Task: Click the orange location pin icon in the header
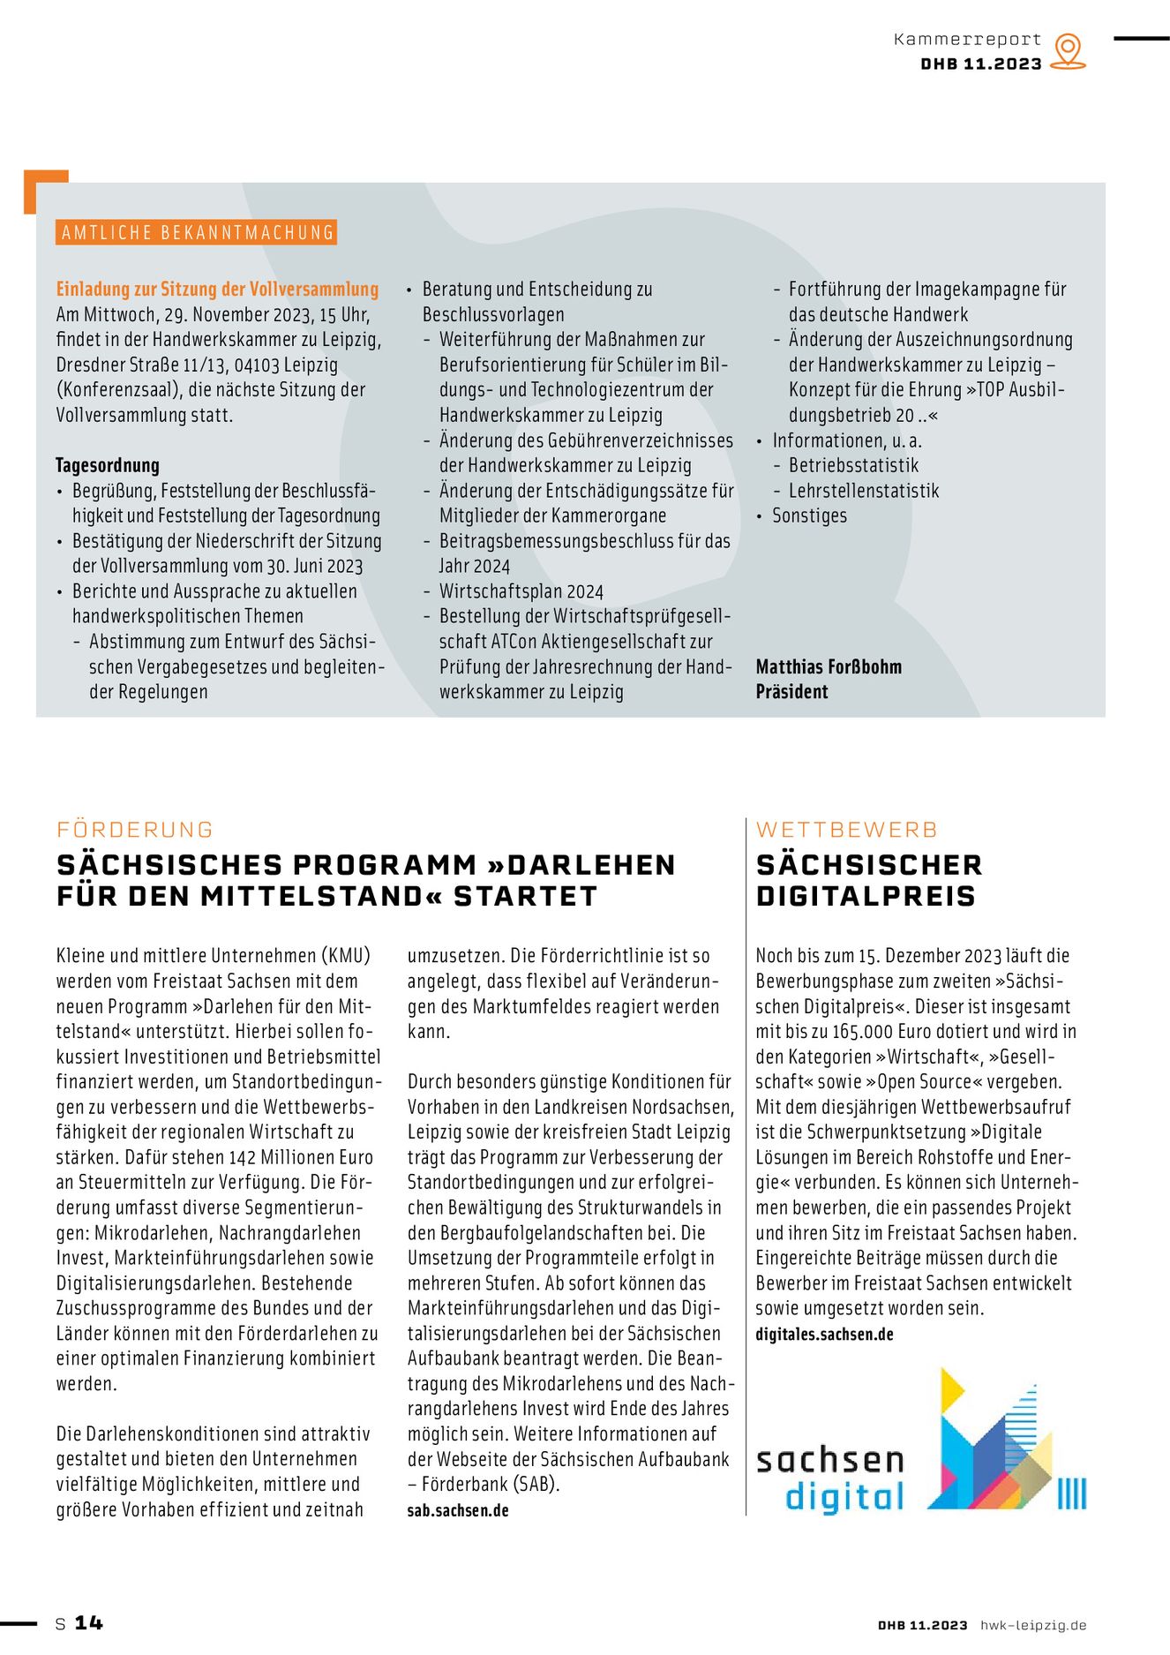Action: click(1069, 50)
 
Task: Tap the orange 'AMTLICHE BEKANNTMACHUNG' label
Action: click(197, 232)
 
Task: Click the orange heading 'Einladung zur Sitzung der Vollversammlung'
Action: click(217, 290)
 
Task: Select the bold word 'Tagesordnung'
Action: click(108, 465)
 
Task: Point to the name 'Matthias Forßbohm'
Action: click(829, 666)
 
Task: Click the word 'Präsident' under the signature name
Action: click(791, 692)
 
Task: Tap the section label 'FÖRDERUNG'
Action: click(135, 830)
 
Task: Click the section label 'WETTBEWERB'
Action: click(846, 830)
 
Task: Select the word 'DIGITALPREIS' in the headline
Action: click(866, 896)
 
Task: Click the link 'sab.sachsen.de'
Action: click(458, 1510)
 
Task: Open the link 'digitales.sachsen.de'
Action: click(824, 1335)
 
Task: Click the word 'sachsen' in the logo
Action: click(830, 1460)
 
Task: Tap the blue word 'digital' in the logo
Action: click(844, 1497)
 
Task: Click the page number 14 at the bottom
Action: click(88, 1622)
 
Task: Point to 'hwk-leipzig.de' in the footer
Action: click(1033, 1625)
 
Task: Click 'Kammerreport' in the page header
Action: click(967, 40)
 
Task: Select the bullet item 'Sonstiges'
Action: click(809, 515)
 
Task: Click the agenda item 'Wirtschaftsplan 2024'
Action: click(521, 591)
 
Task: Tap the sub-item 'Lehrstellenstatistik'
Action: click(863, 491)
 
